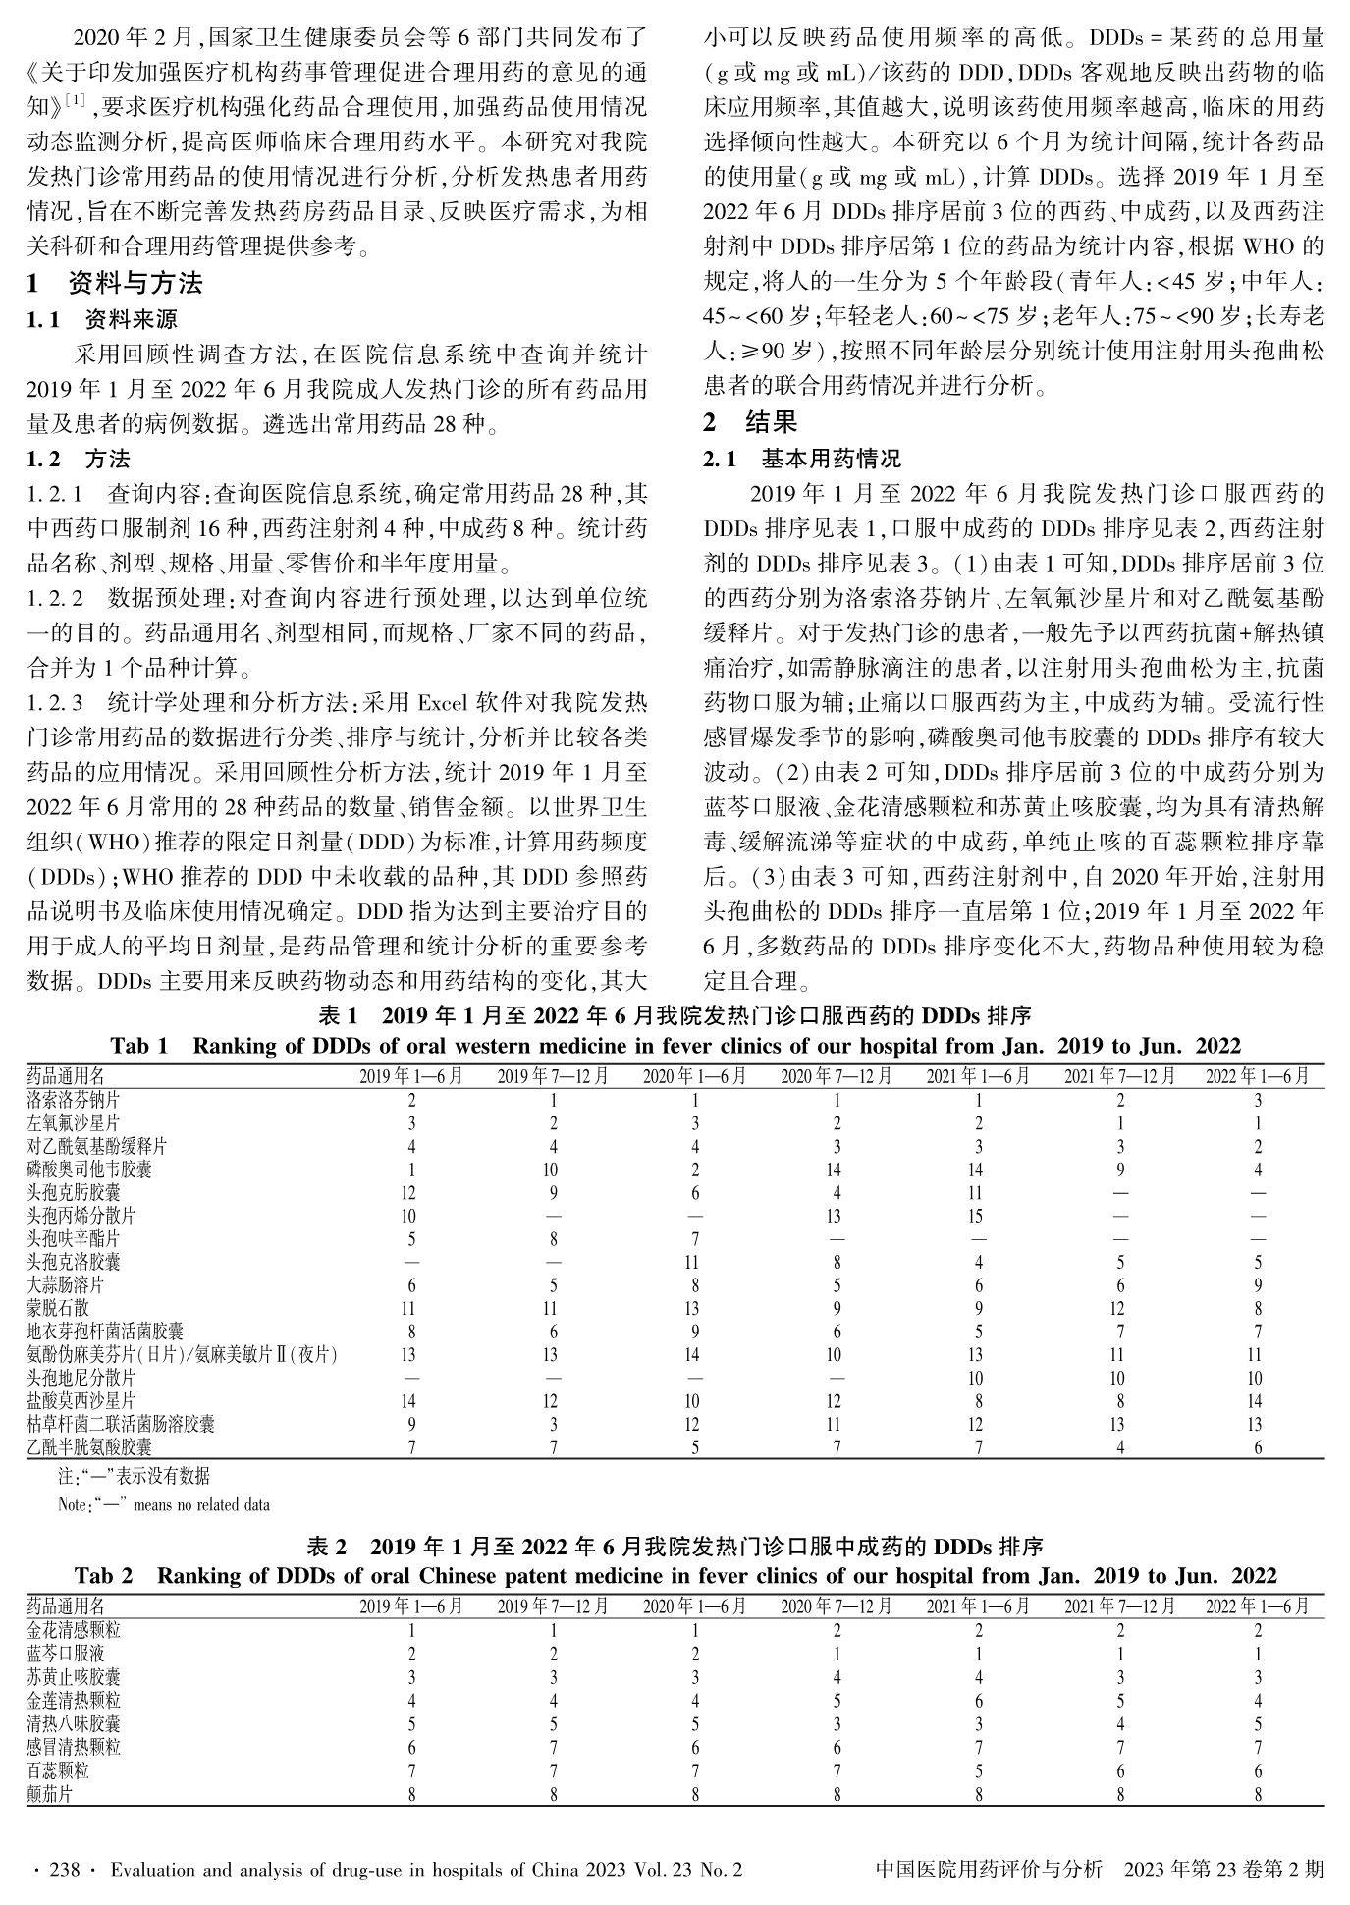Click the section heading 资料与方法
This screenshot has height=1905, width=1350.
click(135, 284)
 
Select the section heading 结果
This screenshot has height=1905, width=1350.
click(771, 422)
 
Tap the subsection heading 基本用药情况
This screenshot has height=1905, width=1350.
click(831, 459)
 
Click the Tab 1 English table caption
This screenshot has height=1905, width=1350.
click(675, 1046)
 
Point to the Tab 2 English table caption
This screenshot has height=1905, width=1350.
click(675, 1576)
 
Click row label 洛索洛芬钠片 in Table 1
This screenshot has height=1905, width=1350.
click(74, 1100)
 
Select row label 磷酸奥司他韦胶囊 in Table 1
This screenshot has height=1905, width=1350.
click(89, 1170)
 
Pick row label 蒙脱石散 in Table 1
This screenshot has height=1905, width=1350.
click(58, 1308)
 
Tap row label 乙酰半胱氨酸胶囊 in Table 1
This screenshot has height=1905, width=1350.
click(89, 1447)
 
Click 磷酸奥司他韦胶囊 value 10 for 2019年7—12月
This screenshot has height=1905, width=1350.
click(551, 1170)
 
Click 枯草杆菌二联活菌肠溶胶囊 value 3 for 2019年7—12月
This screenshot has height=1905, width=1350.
click(551, 1424)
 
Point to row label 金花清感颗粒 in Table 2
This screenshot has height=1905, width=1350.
click(74, 1630)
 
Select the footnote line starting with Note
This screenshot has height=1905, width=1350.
click(164, 1503)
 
